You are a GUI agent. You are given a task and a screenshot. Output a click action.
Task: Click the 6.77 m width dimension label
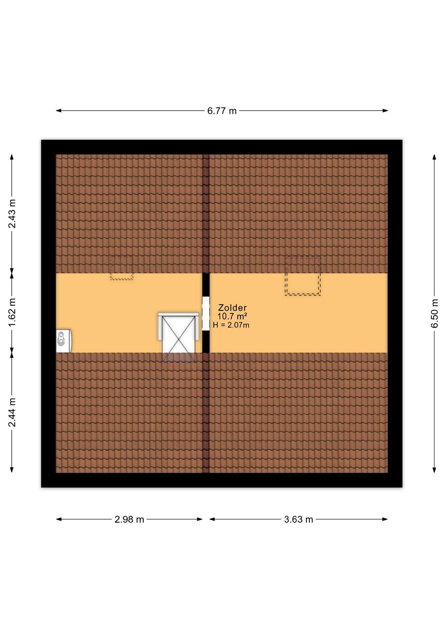click(222, 111)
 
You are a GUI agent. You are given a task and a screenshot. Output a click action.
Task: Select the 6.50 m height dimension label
click(435, 313)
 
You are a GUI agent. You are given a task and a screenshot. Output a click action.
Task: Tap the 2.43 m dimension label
click(12, 213)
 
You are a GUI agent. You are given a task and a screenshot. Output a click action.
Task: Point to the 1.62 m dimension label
click(12, 312)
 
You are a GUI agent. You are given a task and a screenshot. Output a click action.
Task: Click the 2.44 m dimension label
click(12, 412)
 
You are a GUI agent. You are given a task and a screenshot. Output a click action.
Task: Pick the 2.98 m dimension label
click(129, 519)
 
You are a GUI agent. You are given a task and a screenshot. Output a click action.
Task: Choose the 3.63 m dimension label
click(299, 519)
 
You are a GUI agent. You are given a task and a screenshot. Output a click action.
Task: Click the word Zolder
click(232, 308)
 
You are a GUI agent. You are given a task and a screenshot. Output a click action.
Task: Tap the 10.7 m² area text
click(232, 316)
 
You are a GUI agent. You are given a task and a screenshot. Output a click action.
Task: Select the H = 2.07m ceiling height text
click(231, 325)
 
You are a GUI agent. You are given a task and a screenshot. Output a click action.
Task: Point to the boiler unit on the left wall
click(64, 341)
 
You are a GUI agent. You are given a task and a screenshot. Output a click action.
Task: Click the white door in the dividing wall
click(206, 313)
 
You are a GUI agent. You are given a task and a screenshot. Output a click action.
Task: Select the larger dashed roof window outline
click(302, 276)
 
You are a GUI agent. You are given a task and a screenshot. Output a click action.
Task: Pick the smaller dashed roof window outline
click(122, 268)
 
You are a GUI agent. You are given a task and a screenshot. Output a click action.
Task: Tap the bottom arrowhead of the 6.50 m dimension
click(435, 470)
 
